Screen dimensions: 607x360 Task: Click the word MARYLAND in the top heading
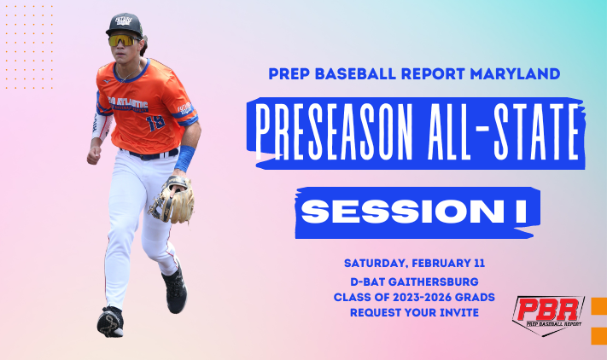click(515, 73)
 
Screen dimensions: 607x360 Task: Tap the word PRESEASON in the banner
click(333, 132)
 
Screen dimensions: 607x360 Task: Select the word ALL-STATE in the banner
click(502, 132)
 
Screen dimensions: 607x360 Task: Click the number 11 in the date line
click(479, 264)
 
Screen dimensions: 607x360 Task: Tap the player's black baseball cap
click(124, 25)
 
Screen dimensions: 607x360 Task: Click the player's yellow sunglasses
click(122, 40)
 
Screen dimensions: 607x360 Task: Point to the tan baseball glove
click(172, 200)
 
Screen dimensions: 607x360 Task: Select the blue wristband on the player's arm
click(185, 158)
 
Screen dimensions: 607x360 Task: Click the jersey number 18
click(155, 123)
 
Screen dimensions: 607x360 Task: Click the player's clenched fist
click(94, 155)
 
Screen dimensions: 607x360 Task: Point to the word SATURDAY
click(376, 264)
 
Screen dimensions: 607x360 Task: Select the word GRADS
click(476, 297)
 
